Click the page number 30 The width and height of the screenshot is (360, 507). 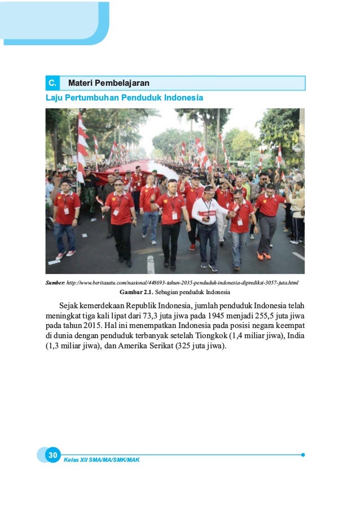52,455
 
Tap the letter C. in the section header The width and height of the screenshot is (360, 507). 52,84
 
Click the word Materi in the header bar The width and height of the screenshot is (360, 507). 81,84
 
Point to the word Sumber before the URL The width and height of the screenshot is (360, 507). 55,282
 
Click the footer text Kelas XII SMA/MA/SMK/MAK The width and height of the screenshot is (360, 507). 102,460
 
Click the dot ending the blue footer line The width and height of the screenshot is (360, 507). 303,454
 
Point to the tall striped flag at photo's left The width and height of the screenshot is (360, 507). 82,147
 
